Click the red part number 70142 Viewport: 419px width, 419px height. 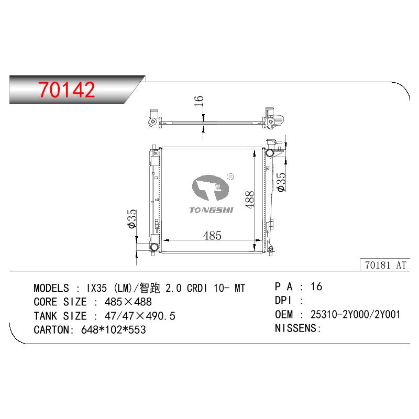click(x=67, y=90)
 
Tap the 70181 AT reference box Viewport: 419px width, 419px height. click(x=385, y=265)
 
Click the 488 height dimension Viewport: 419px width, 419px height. click(x=249, y=200)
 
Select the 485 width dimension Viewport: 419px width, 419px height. click(x=212, y=235)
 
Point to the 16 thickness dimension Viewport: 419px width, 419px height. click(x=199, y=101)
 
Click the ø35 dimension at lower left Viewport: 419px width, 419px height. click(x=132, y=219)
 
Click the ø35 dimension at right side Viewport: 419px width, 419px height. click(x=281, y=182)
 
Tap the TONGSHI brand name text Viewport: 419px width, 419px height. click(x=212, y=210)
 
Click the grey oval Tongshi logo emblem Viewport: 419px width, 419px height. click(x=211, y=188)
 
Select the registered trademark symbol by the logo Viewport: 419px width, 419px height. click(x=230, y=177)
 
